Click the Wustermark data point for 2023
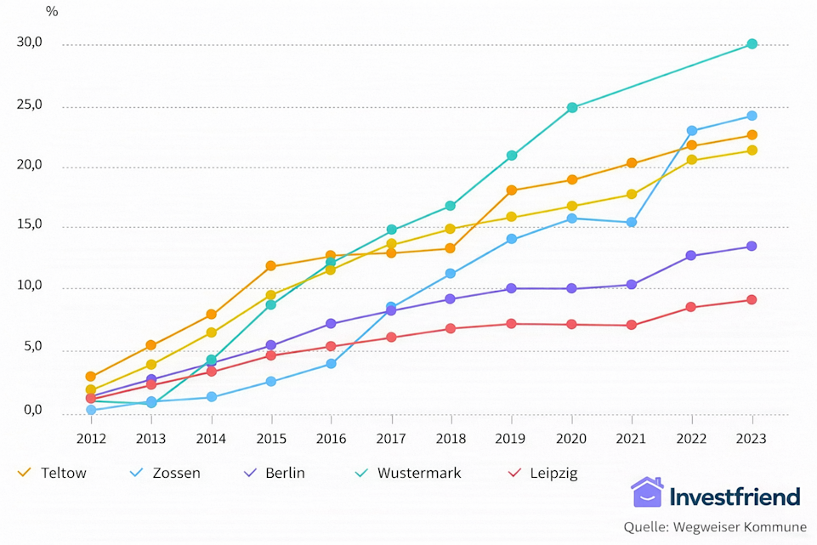tap(752, 44)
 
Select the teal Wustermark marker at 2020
tap(572, 108)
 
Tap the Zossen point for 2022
tap(692, 131)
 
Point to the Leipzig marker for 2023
tap(752, 300)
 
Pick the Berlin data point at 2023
tap(752, 247)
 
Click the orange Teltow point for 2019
tap(512, 190)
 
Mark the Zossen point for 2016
tap(332, 364)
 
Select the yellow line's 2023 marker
tap(752, 150)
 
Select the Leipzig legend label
tap(552, 474)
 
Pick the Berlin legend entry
tap(285, 474)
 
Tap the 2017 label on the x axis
tap(391, 439)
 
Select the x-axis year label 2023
tap(752, 439)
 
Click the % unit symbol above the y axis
tap(52, 12)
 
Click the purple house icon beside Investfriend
tap(647, 493)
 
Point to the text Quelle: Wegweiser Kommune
tap(715, 527)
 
